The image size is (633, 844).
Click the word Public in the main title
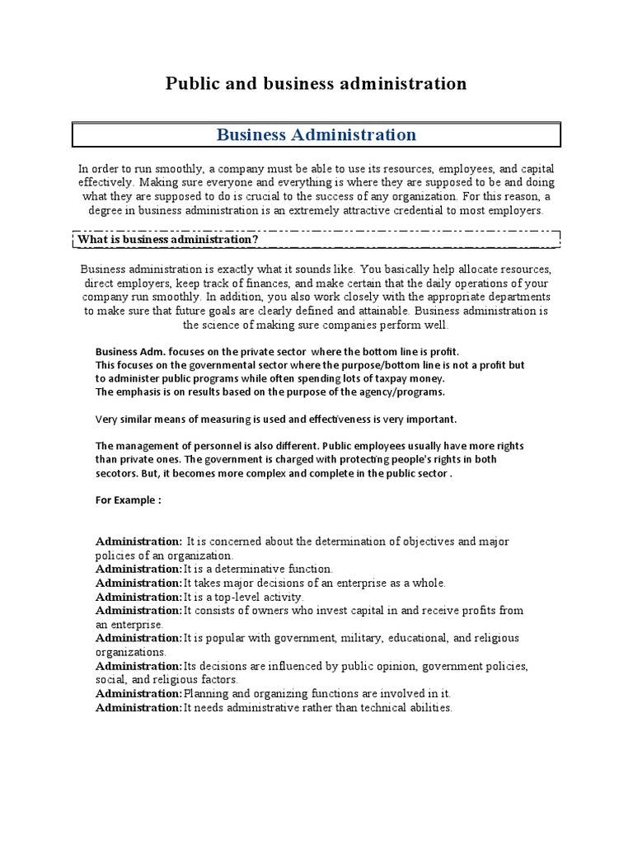click(191, 83)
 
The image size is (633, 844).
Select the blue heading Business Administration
click(316, 134)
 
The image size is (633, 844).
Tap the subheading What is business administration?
click(168, 239)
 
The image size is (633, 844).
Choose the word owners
click(274, 610)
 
